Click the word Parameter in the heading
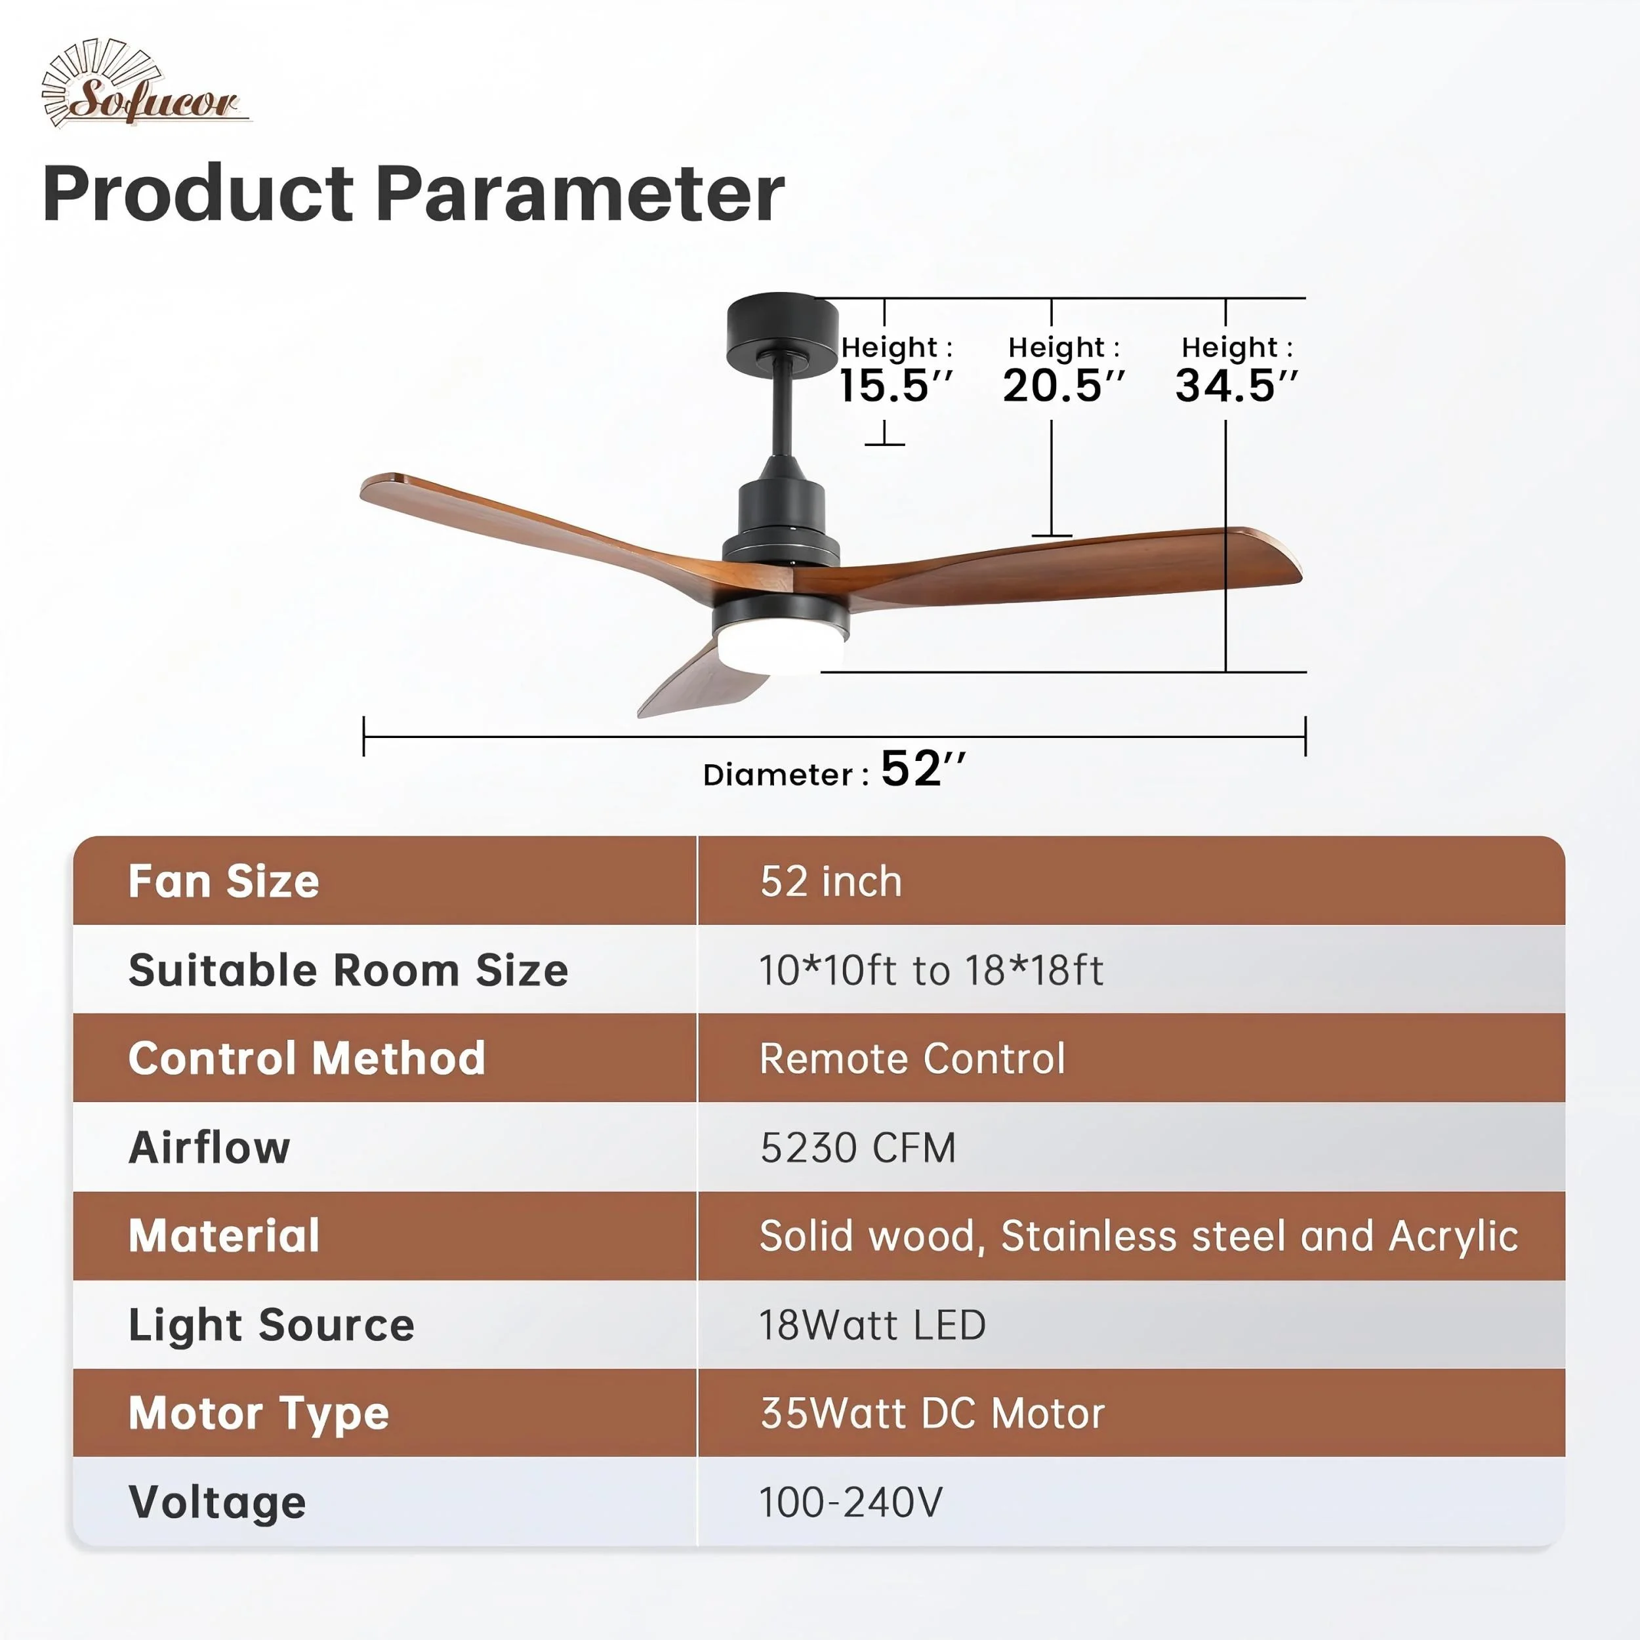(x=580, y=195)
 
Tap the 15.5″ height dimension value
(x=896, y=386)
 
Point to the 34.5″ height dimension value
(x=1237, y=386)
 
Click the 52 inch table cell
(x=831, y=881)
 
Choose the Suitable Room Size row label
(x=348, y=970)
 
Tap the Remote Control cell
(x=912, y=1059)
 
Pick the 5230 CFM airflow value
(x=858, y=1147)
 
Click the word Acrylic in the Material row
(x=1453, y=1237)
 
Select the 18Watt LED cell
(x=872, y=1325)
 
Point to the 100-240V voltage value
(x=851, y=1502)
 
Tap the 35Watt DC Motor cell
(x=932, y=1414)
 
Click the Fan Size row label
(x=224, y=881)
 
